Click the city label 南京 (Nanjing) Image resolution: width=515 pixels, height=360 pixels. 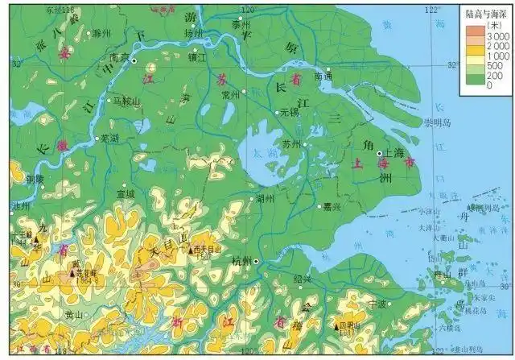click(x=119, y=57)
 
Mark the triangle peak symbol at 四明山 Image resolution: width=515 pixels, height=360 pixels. click(x=336, y=326)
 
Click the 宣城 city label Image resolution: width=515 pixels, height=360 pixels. click(x=125, y=193)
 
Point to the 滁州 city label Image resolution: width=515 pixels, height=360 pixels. click(x=101, y=34)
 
